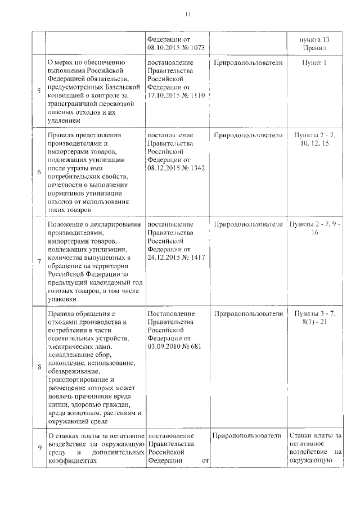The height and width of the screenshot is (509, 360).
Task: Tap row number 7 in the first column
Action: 39,262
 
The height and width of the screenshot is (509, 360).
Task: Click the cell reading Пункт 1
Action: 314,63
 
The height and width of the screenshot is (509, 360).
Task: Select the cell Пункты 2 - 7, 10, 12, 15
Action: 314,140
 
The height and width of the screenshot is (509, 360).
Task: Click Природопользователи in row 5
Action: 248,63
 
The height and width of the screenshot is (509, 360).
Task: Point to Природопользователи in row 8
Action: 248,313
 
